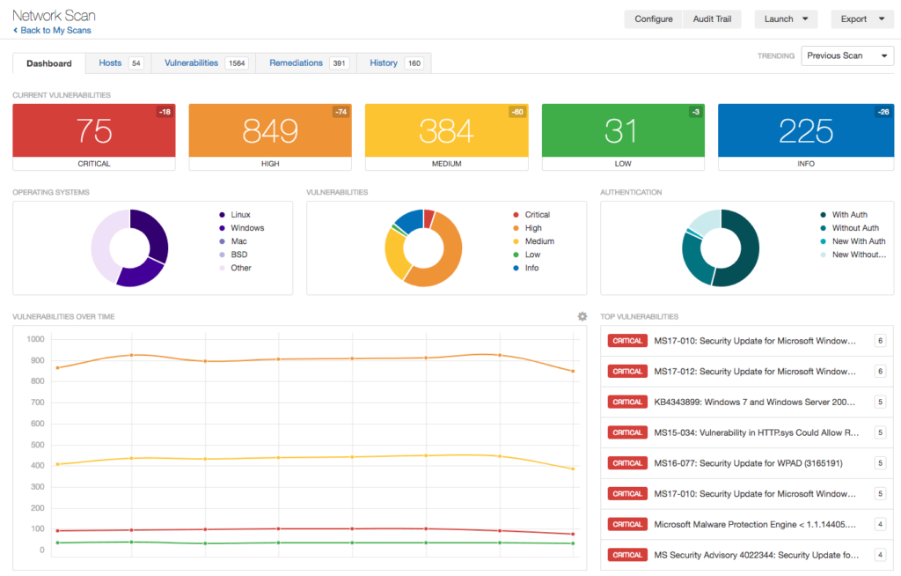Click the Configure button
[x=653, y=19]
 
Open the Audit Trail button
[x=712, y=19]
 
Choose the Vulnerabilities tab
[x=191, y=63]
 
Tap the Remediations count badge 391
[x=339, y=63]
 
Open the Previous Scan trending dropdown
[x=846, y=55]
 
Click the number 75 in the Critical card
[x=93, y=131]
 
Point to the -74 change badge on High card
[x=341, y=112]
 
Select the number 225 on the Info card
[x=805, y=131]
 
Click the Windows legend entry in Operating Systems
[x=247, y=228]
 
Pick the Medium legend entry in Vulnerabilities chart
[x=539, y=241]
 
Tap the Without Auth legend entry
[x=854, y=228]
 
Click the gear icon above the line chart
[x=582, y=316]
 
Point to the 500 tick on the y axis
[x=35, y=445]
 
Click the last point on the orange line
[x=573, y=371]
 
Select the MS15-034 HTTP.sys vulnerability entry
[x=756, y=432]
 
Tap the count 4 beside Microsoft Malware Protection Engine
[x=879, y=524]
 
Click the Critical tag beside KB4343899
[x=627, y=402]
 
